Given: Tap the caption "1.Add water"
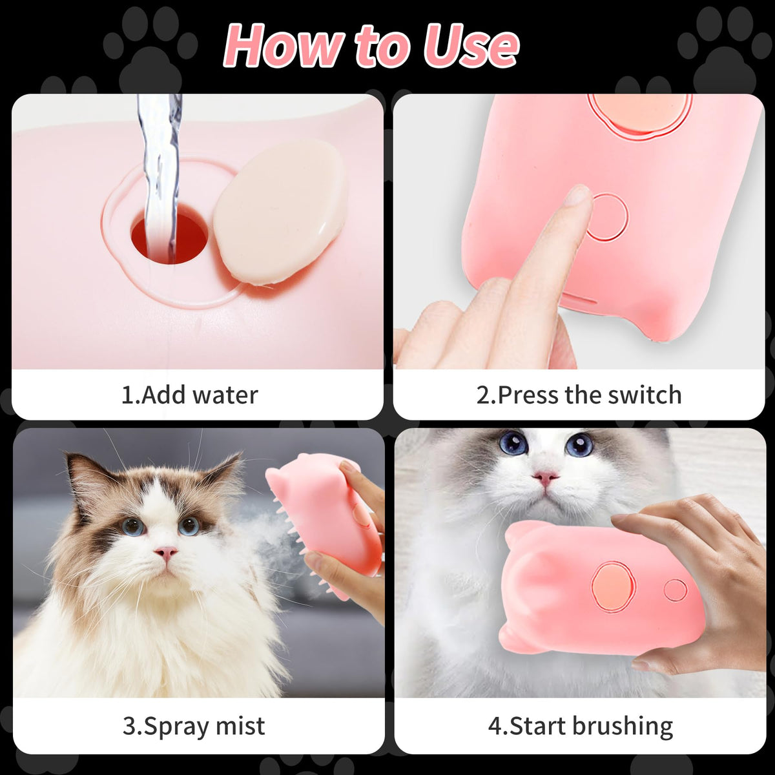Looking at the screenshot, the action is click(x=189, y=395).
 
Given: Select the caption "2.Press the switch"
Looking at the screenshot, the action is click(x=579, y=395).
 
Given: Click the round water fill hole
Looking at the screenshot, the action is click(x=170, y=239).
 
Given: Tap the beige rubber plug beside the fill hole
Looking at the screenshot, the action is click(x=278, y=212).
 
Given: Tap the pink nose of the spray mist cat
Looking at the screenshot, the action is click(x=166, y=552).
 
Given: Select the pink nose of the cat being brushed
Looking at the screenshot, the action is click(x=545, y=478).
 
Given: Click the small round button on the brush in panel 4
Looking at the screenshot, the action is click(x=676, y=590).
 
